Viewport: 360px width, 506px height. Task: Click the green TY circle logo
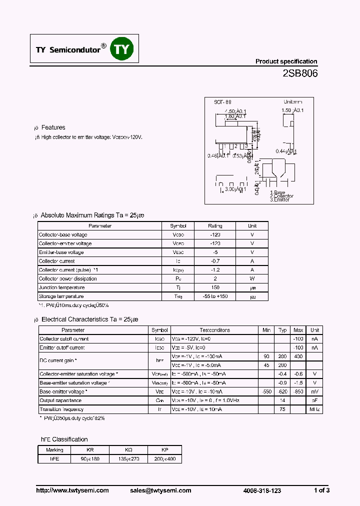pos(122,48)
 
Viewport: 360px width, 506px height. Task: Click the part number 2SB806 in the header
pos(300,73)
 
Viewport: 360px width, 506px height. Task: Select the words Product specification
pos(286,61)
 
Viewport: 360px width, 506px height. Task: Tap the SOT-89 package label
pos(223,101)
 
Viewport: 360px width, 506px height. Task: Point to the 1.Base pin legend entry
pos(277,192)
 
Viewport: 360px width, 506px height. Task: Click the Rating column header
pos(215,226)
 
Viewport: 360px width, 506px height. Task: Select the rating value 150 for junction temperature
pos(215,287)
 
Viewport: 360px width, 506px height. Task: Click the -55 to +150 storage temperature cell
pos(215,296)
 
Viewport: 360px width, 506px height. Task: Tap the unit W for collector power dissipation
pos(252,278)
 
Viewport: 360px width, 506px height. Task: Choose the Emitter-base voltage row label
pos(61,252)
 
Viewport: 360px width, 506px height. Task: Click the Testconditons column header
pos(215,330)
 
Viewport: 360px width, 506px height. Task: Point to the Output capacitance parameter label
pos(60,400)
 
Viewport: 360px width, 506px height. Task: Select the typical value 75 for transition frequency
pos(282,409)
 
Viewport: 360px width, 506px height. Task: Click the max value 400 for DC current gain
pos(298,356)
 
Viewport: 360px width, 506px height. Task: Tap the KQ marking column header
pos(129,450)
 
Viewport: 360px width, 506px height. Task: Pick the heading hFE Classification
pos(64,439)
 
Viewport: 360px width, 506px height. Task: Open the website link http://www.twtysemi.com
pos(72,490)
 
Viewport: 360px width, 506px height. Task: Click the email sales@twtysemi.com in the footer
pos(161,490)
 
